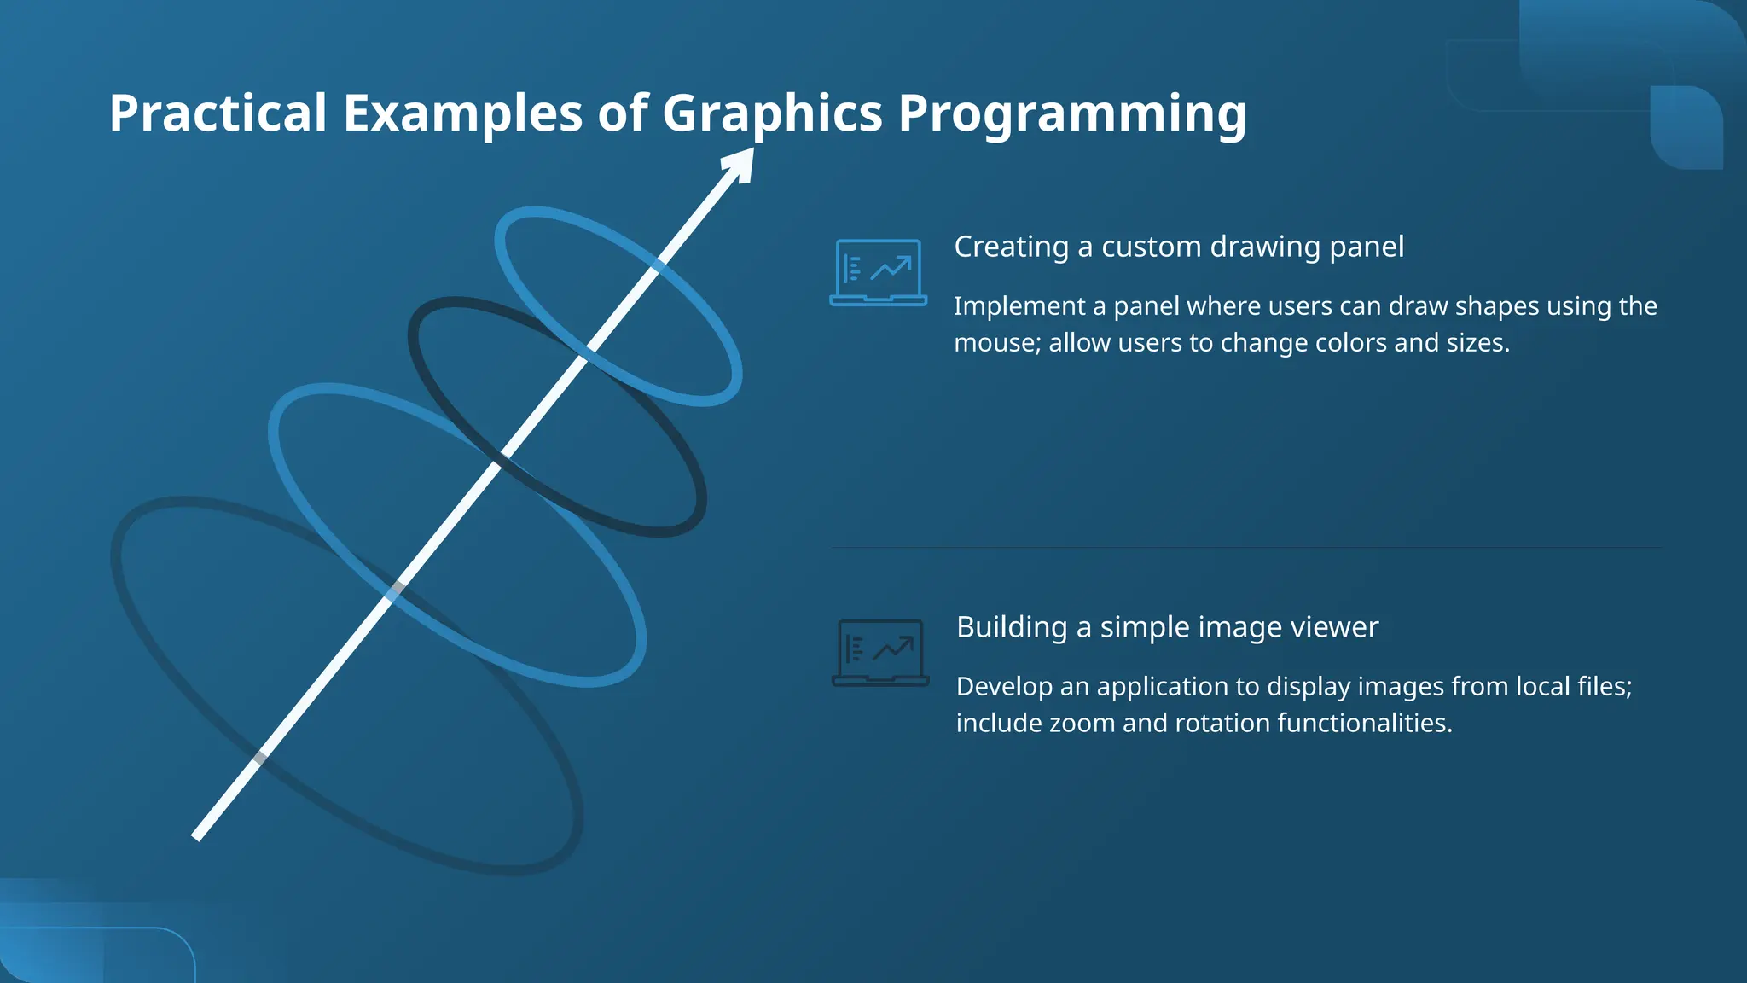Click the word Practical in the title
218,113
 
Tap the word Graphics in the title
772,113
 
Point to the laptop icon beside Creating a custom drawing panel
878,272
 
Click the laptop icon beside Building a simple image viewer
880,653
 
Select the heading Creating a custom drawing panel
1178,247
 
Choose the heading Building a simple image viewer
1166,627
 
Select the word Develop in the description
1004,687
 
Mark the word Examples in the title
462,113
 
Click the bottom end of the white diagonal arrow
197,837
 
